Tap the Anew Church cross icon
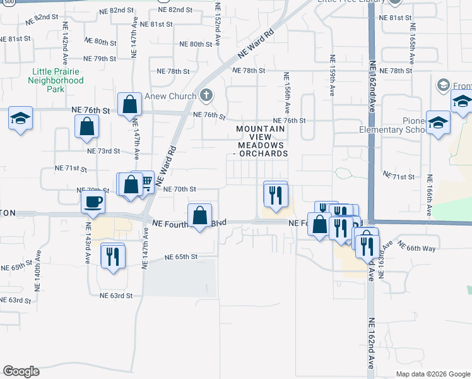point(204,96)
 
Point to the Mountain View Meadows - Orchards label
point(262,141)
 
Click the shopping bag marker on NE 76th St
point(129,104)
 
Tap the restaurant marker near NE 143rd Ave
point(112,256)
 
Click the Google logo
point(21,371)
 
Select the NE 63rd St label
point(116,295)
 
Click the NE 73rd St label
point(103,151)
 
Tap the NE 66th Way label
point(422,249)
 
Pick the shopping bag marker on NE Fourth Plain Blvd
point(199,215)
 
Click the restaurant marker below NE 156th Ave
point(274,193)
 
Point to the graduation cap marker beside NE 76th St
point(21,118)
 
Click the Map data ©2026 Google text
point(434,374)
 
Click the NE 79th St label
point(100,58)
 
